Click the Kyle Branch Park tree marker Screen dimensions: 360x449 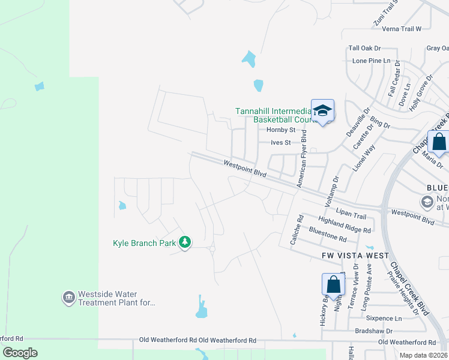[x=185, y=242]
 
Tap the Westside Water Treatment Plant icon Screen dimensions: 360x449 [x=68, y=297]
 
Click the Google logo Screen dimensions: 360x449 [x=20, y=353]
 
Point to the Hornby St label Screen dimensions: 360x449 [x=281, y=130]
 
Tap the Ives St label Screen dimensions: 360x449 [x=280, y=143]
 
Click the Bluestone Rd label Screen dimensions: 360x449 [x=328, y=235]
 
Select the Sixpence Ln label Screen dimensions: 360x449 [x=385, y=319]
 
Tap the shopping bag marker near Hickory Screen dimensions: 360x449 [x=334, y=285]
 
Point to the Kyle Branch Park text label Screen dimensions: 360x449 [x=144, y=243]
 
